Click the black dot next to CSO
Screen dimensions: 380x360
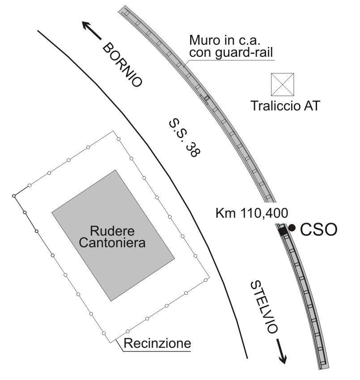pyautogui.click(x=292, y=228)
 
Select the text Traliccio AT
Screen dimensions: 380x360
pyautogui.click(x=285, y=107)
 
